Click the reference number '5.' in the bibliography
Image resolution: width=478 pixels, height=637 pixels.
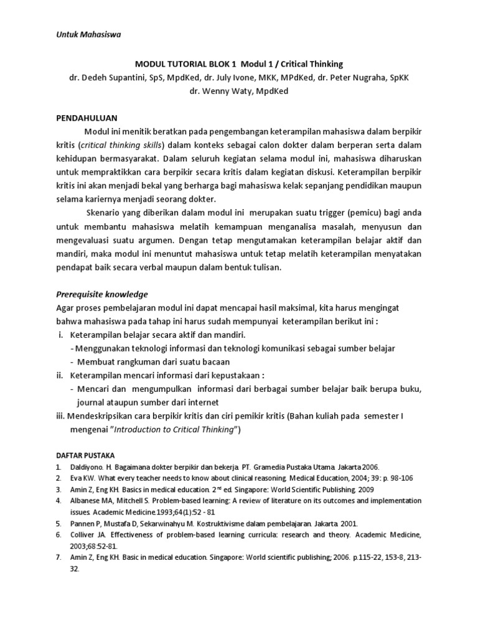point(57,524)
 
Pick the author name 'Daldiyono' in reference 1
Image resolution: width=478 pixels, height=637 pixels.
point(88,467)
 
